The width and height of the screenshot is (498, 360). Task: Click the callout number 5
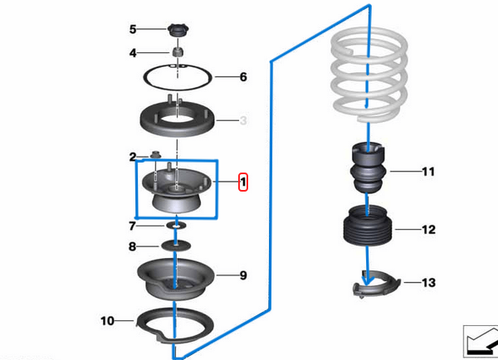tap(132, 30)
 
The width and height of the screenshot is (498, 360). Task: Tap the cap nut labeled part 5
tap(178, 32)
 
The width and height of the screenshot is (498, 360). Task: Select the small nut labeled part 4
tap(178, 53)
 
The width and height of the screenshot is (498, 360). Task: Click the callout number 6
tap(243, 77)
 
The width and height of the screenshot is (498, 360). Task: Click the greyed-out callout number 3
tap(243, 122)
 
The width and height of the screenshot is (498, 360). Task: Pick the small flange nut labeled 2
tap(155, 154)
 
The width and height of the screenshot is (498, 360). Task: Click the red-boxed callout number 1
tap(242, 181)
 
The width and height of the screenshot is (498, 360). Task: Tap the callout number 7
tap(132, 225)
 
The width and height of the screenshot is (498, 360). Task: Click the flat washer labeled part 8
tap(177, 246)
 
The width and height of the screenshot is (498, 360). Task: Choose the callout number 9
tap(243, 275)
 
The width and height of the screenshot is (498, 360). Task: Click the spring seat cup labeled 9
tap(176, 280)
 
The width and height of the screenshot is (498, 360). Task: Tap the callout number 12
tap(428, 229)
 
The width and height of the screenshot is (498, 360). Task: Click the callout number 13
tap(428, 283)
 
